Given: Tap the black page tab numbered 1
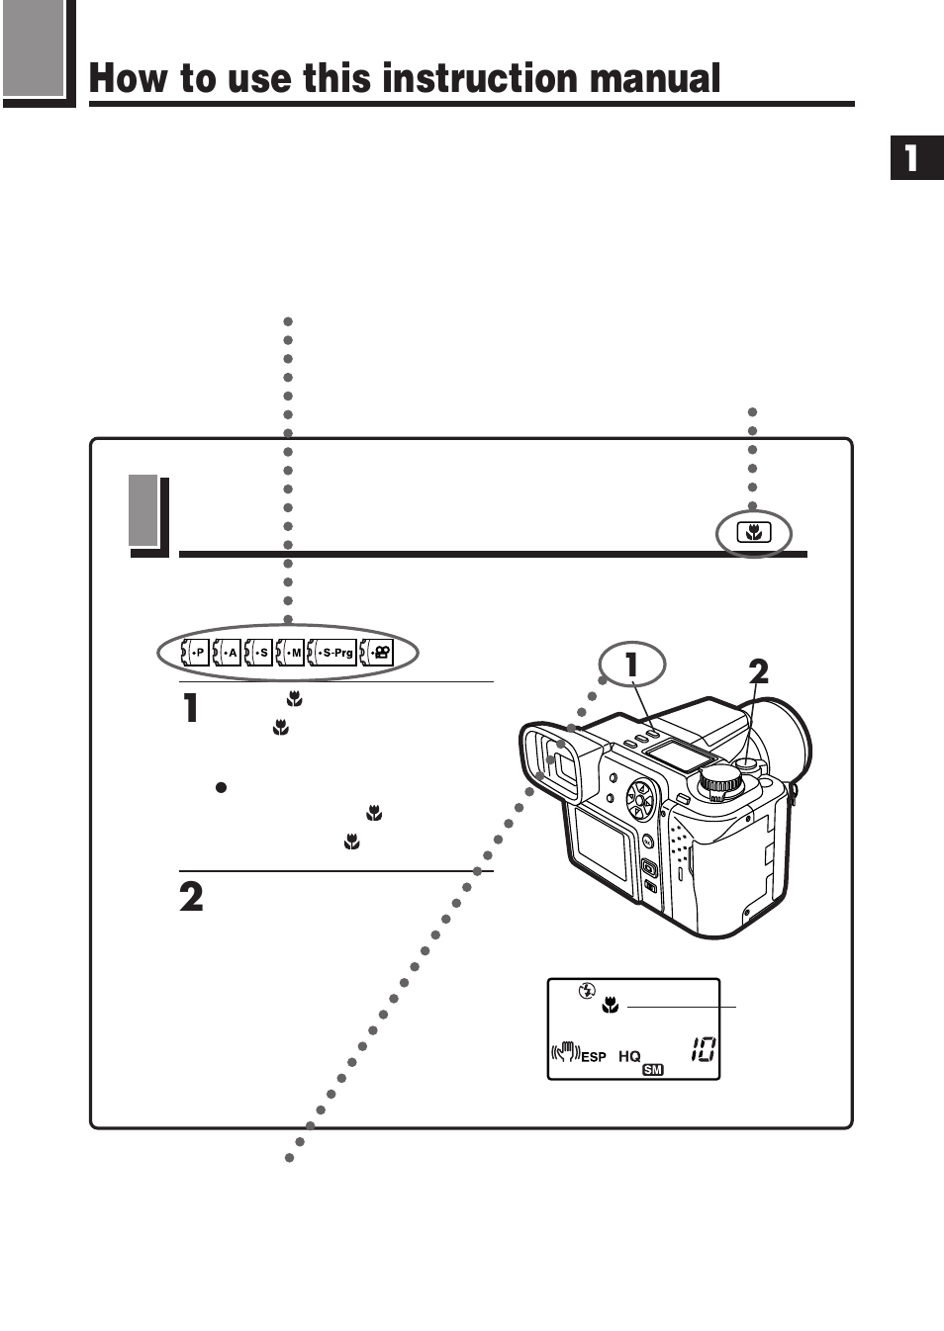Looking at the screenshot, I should (916, 158).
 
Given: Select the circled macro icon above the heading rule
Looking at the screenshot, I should (754, 534).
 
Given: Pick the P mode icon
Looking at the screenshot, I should (195, 653).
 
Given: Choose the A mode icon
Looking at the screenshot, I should (228, 653).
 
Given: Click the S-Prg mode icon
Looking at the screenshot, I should (332, 653).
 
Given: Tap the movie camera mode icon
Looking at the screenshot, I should (377, 653).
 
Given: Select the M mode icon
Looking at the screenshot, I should (290, 653).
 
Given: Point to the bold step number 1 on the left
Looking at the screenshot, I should (191, 708).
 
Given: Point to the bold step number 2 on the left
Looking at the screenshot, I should (191, 897).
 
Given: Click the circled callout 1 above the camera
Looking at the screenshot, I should (631, 665).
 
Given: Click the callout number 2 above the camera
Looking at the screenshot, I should (758, 672).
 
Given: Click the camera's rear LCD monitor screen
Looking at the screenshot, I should (604, 851).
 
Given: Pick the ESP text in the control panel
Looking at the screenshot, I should (594, 1056).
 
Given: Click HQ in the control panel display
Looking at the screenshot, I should (629, 1056).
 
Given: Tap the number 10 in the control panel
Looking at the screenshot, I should (703, 1049).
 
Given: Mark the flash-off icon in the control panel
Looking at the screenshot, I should (587, 990).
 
